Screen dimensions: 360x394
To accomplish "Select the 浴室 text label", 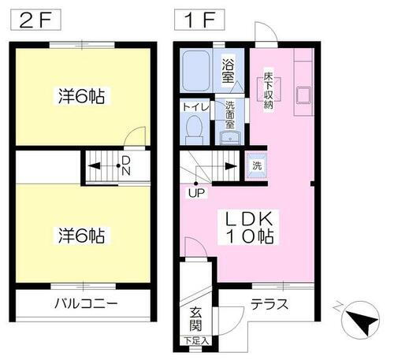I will coord(230,71).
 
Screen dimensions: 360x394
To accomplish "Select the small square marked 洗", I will coord(256,165).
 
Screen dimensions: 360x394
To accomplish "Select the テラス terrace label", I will coord(269,304).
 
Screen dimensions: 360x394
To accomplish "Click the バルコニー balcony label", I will coord(86,304).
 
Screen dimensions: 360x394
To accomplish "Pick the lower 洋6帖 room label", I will coord(82,235).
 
